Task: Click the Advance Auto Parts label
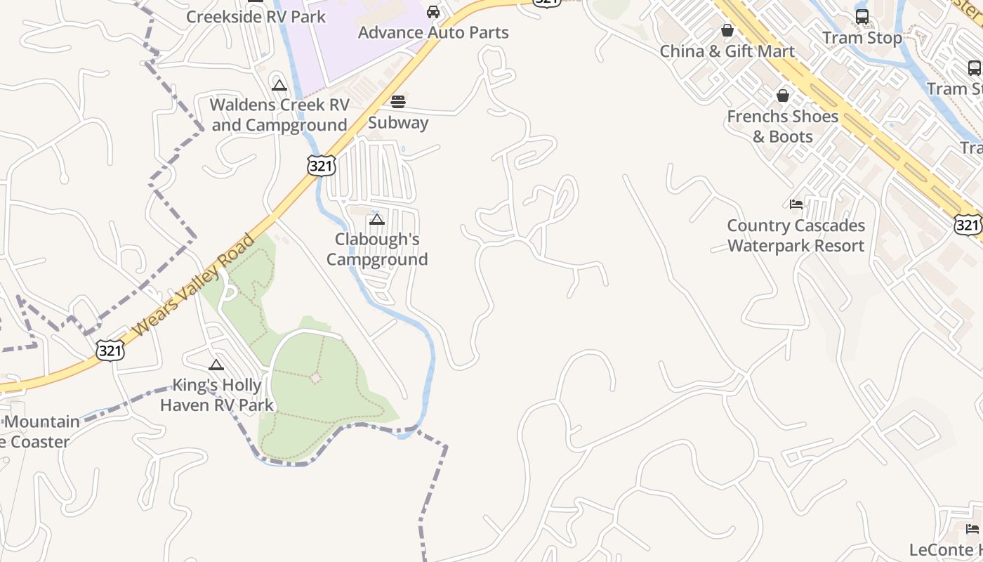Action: (433, 32)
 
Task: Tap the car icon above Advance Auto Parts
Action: (433, 12)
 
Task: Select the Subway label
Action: (398, 122)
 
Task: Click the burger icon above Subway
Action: (398, 102)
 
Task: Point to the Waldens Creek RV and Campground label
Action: (279, 115)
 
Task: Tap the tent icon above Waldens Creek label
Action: (279, 86)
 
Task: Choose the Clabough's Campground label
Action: (377, 249)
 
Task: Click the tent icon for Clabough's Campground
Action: (377, 220)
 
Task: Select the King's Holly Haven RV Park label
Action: (217, 395)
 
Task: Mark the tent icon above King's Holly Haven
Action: (216, 365)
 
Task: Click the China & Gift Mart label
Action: (727, 51)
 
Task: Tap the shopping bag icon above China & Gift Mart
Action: (727, 31)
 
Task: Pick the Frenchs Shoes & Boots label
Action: (783, 126)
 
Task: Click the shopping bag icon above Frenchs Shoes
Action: (783, 96)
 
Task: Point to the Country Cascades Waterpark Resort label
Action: (796, 235)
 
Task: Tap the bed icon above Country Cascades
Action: (796, 204)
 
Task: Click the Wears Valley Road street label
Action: (193, 285)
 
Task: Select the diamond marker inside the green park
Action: (316, 378)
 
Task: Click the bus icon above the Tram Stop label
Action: (862, 17)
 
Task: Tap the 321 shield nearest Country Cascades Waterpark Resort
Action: (968, 225)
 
